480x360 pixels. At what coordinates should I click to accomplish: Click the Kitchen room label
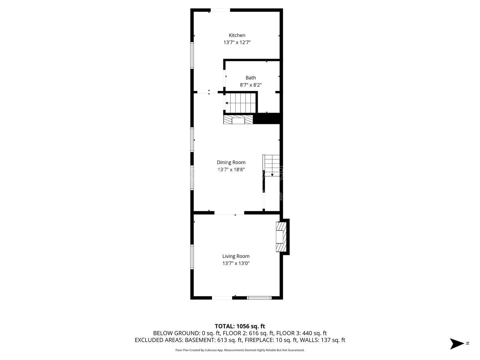[x=237, y=35]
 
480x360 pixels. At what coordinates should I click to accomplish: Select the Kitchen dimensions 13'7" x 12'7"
[x=237, y=42]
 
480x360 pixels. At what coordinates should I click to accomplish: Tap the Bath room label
[x=251, y=78]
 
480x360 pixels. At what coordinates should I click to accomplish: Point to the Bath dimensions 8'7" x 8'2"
[x=251, y=85]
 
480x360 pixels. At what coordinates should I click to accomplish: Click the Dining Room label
[x=231, y=162]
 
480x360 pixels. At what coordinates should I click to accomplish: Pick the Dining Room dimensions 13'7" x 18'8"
[x=231, y=169]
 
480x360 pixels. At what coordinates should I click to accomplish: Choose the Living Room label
[x=236, y=256]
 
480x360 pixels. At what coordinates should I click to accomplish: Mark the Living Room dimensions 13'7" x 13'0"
[x=236, y=263]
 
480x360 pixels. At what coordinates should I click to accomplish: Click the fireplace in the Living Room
[x=281, y=237]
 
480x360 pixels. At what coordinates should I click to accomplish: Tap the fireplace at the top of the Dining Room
[x=238, y=120]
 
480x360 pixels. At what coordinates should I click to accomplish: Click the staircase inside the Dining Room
[x=271, y=165]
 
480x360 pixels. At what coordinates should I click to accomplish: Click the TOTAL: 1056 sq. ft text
[x=240, y=326]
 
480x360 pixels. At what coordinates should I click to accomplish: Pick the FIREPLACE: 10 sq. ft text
[x=271, y=340]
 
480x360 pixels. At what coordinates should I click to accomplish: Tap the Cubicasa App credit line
[x=240, y=350]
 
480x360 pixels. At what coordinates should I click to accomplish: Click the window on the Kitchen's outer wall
[x=192, y=55]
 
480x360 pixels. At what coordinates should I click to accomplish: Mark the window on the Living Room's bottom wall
[x=259, y=298]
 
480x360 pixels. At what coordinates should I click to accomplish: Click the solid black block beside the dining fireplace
[x=267, y=118]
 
